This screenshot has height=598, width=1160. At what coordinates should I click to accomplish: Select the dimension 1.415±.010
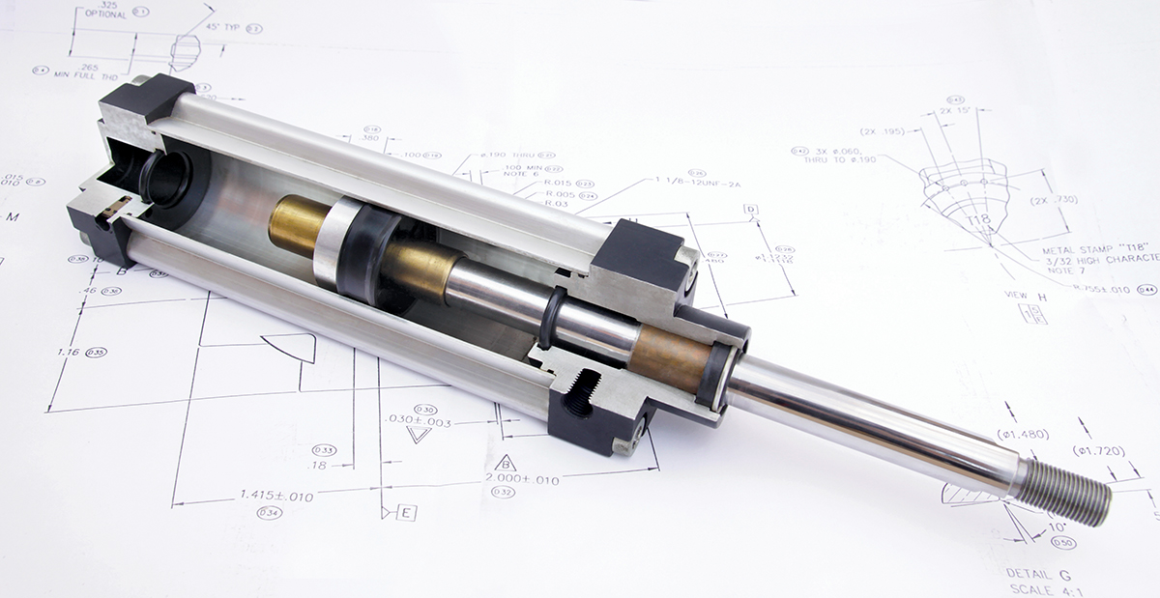(x=275, y=496)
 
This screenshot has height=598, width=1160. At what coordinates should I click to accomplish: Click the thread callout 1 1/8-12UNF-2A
(x=700, y=180)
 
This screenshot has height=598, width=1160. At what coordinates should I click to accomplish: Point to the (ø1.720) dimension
(x=1100, y=451)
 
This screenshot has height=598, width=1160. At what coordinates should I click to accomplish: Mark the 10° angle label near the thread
(x=1058, y=527)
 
